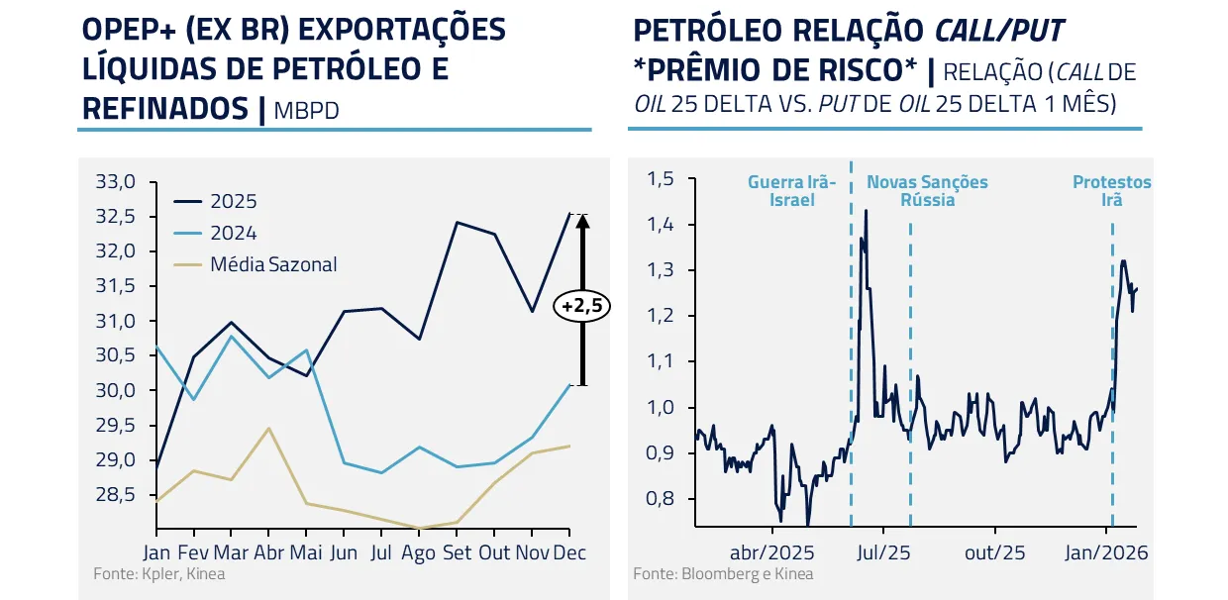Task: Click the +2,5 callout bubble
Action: tap(582, 306)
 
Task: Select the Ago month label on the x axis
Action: tap(418, 552)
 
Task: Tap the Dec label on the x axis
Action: tap(568, 552)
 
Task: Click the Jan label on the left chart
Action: tap(156, 552)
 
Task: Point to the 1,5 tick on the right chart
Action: tap(660, 179)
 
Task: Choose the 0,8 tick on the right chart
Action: tap(660, 499)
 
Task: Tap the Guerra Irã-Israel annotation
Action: tap(792, 191)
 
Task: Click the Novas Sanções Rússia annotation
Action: tap(927, 191)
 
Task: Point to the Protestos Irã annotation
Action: tap(1112, 191)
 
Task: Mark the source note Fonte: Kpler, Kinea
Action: tap(159, 574)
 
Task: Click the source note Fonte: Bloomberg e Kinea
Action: tap(723, 574)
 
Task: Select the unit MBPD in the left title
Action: tap(307, 110)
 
